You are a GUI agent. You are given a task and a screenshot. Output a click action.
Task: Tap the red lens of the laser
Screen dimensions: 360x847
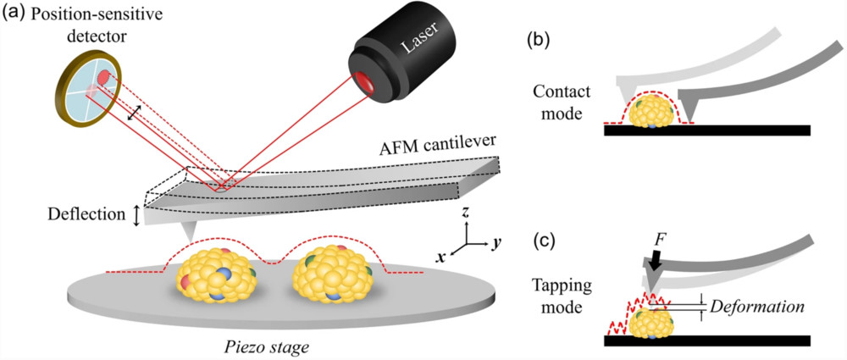[367, 82]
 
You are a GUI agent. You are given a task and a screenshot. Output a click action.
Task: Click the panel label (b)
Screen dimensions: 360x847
[541, 38]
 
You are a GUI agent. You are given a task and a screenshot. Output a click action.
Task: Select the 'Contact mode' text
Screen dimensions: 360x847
[560, 99]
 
